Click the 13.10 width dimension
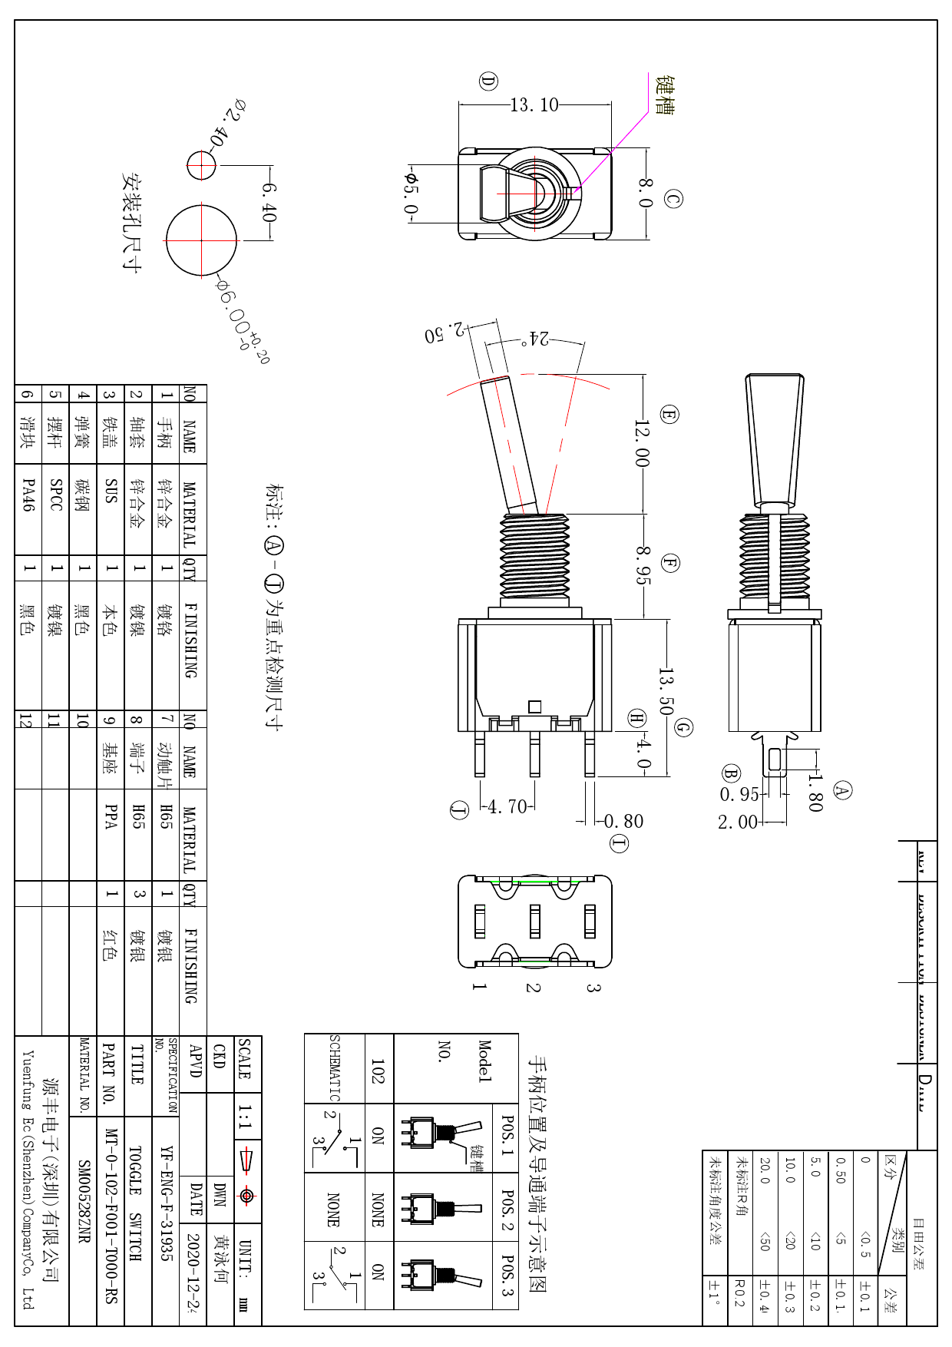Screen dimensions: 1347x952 point(534,105)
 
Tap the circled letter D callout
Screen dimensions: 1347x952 point(488,81)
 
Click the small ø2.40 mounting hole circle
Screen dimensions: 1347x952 point(202,164)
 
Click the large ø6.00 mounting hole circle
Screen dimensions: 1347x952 point(202,240)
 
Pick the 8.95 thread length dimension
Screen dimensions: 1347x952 point(643,565)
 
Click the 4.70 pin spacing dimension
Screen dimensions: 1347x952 point(507,806)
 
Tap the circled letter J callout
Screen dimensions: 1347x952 point(459,809)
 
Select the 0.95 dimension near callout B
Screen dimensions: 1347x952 point(739,794)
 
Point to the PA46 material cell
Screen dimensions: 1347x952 point(28,495)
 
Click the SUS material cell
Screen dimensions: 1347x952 point(111,491)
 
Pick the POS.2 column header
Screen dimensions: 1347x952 point(507,1210)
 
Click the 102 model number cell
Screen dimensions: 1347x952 point(378,1068)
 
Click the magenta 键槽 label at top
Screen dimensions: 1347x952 point(665,95)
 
